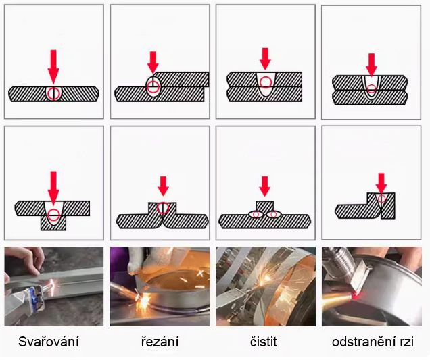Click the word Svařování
[49, 342]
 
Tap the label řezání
[160, 342]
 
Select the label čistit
[264, 342]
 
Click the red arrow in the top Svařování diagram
[53, 67]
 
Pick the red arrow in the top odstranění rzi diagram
[371, 65]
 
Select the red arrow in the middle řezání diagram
[163, 186]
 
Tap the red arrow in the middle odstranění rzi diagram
[381, 183]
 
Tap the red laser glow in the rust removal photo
[356, 296]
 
